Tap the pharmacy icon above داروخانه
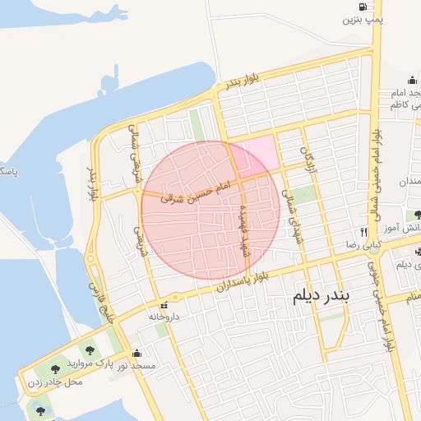[174, 302]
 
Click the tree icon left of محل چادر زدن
[54, 369]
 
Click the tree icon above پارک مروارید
[88, 350]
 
